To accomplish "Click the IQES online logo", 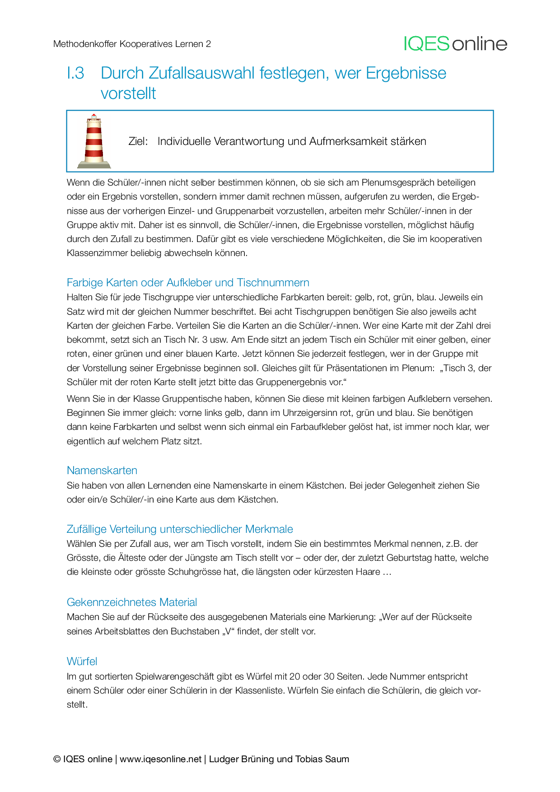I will click(x=455, y=44).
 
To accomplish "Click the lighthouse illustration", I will click(x=94, y=141).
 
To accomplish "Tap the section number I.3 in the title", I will click(x=75, y=73).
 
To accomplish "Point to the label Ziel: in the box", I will click(x=138, y=141).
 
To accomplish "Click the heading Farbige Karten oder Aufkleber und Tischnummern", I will click(x=188, y=283).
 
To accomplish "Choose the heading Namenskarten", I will click(x=102, y=471).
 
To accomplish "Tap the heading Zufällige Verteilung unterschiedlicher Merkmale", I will click(x=180, y=529).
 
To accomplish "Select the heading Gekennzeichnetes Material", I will click(x=132, y=602).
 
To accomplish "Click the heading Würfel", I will click(x=82, y=662).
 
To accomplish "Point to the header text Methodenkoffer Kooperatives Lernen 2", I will click(x=132, y=44).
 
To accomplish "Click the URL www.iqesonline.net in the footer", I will click(x=160, y=759).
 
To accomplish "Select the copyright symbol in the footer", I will click(x=57, y=759).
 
